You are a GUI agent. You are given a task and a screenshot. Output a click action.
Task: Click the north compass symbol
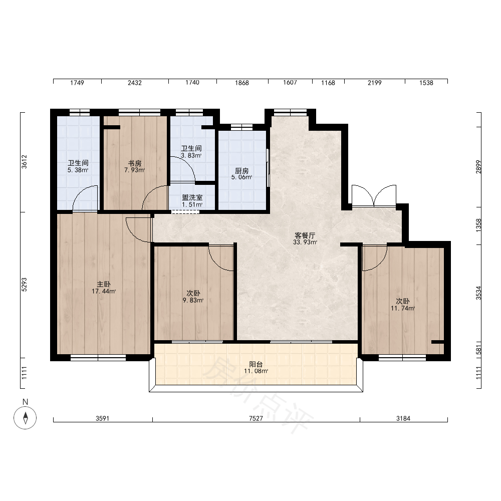click(25, 418)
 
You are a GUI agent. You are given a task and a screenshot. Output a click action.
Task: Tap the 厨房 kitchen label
click(241, 171)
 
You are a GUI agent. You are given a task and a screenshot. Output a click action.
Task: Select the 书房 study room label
click(134, 163)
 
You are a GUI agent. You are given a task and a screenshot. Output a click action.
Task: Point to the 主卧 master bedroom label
click(104, 284)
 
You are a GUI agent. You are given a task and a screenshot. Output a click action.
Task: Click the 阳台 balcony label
click(256, 364)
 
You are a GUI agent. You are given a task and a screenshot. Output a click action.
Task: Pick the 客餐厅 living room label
click(305, 235)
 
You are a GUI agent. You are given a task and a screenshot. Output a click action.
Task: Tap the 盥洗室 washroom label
click(192, 198)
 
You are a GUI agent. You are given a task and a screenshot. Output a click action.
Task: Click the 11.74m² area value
click(403, 308)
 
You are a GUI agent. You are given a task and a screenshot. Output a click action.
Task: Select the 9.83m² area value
click(193, 300)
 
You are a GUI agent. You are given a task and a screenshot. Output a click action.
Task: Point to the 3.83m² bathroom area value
click(191, 156)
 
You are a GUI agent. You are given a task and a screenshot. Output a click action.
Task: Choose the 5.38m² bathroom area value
click(78, 170)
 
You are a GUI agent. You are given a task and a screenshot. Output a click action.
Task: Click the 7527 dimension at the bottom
click(256, 418)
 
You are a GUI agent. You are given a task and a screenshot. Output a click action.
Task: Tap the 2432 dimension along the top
click(134, 83)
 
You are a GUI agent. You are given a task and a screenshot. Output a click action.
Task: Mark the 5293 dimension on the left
click(24, 285)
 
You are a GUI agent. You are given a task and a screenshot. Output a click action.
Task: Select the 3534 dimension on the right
click(478, 293)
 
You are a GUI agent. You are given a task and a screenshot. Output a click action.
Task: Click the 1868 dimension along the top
click(242, 83)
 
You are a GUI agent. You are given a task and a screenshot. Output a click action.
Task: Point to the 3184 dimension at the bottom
click(403, 418)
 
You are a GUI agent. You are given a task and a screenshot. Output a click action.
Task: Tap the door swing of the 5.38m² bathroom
click(85, 198)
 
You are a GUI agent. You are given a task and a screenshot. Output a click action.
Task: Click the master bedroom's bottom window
click(98, 358)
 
